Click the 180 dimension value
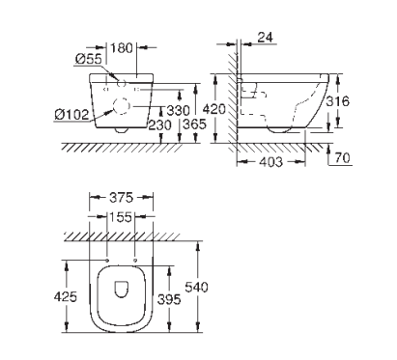pos(122,48)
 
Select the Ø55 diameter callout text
pos(89,59)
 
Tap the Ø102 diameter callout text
pos(71,115)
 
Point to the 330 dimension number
pos(179,110)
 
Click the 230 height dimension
pos(159,125)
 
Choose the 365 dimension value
pos(194,124)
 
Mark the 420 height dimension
pos(214,109)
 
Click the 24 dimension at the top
pos(266,38)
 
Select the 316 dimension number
pos(337,101)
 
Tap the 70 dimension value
pos(343,158)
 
